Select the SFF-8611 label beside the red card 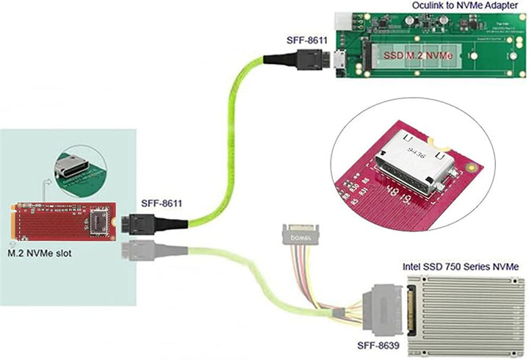click(161, 202)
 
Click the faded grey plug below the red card click(135, 250)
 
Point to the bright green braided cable click(228, 147)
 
